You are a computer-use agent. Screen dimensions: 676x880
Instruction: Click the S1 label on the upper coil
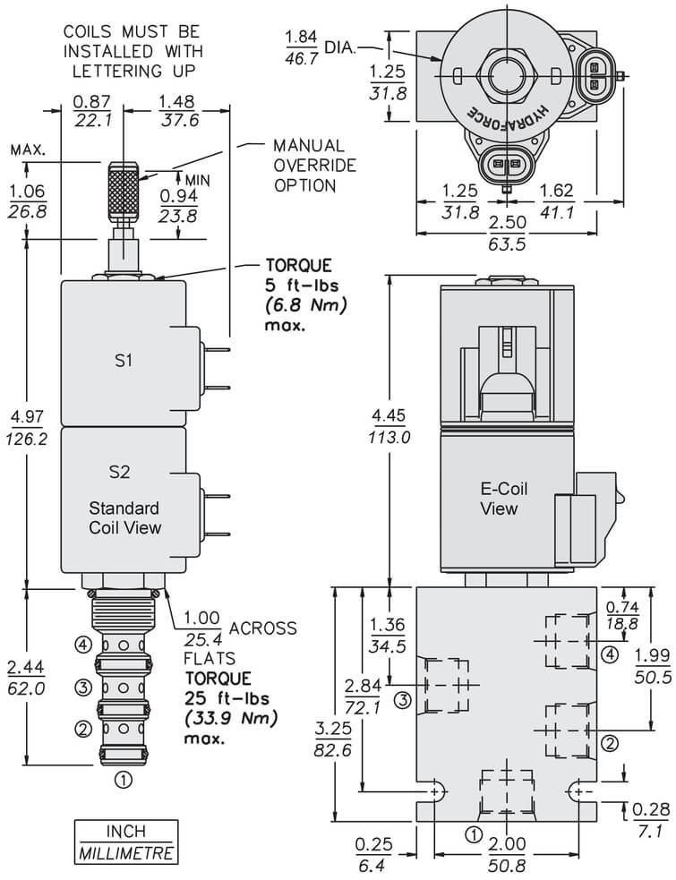click(x=123, y=360)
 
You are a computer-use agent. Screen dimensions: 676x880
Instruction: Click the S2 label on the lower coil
click(x=120, y=472)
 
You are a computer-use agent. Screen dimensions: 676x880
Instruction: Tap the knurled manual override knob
click(x=123, y=191)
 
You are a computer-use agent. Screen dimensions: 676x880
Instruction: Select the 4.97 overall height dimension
click(x=27, y=427)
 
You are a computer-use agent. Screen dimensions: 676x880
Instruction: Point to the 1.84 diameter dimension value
click(x=302, y=47)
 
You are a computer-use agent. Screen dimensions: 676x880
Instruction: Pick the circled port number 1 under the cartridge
click(x=123, y=780)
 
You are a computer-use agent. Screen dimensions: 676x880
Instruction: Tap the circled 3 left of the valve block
click(x=403, y=700)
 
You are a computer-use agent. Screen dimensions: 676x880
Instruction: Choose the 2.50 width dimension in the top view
click(x=507, y=233)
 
